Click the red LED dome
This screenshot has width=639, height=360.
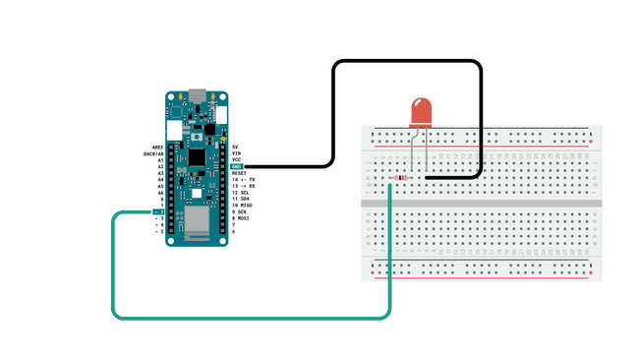pos(421,110)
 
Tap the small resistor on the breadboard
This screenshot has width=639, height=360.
pos(399,178)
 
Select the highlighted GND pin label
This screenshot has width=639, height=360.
pos(237,166)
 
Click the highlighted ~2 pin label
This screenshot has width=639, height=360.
pos(157,211)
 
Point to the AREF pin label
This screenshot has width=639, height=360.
pos(156,147)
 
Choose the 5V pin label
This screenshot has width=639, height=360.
pos(235,147)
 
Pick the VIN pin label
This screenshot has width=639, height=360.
pos(236,153)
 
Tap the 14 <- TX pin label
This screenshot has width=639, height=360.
pos(243,179)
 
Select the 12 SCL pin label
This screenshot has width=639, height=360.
pos(240,192)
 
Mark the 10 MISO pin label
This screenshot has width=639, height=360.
pos(241,205)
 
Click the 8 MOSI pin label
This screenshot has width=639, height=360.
pos(241,217)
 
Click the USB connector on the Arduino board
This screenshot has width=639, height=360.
pos(197,96)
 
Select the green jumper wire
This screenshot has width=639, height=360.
pos(246,318)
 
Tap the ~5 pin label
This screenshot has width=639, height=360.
pos(157,231)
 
